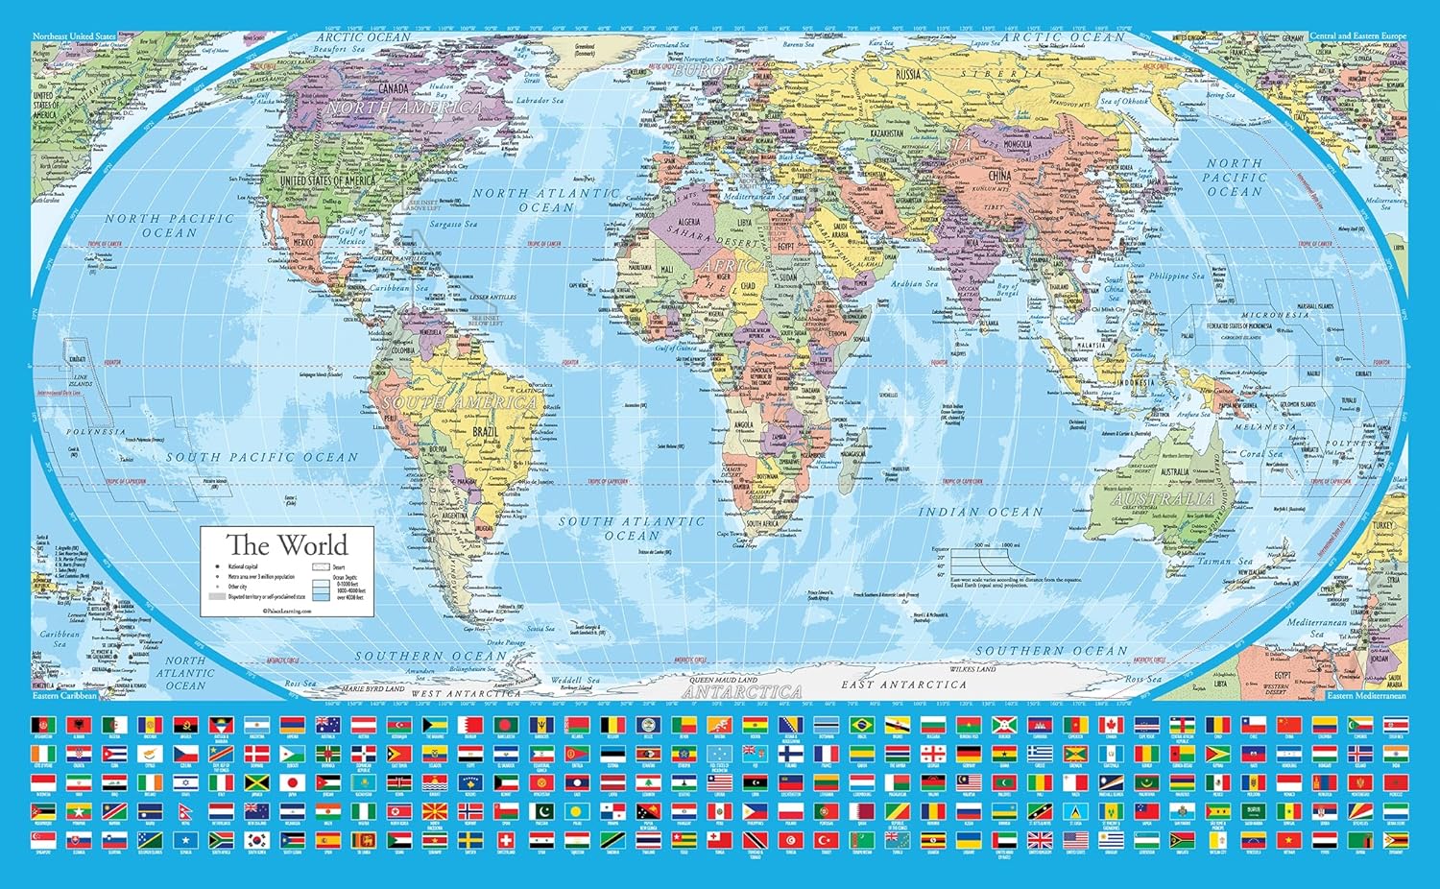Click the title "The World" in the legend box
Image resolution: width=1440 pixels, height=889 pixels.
pyautogui.click(x=286, y=545)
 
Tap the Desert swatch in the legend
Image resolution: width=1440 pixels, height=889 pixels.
pyautogui.click(x=322, y=567)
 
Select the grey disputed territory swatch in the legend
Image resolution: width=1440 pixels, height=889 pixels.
pyautogui.click(x=216, y=597)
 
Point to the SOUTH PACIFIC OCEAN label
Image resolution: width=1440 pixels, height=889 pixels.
pyautogui.click(x=261, y=458)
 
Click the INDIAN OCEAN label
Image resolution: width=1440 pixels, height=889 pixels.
pyautogui.click(x=979, y=512)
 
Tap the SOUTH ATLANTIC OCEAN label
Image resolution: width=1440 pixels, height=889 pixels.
pyautogui.click(x=632, y=528)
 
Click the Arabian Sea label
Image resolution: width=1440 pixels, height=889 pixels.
pyautogui.click(x=914, y=284)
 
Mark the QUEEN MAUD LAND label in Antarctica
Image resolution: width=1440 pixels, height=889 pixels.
pyautogui.click(x=722, y=680)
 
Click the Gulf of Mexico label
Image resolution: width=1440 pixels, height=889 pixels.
pyautogui.click(x=351, y=235)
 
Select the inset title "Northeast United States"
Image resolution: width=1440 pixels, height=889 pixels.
pyautogui.click(x=74, y=36)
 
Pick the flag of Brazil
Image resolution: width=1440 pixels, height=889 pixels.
pyautogui.click(x=860, y=724)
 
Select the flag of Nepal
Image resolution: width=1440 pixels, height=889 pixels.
pyautogui.click(x=185, y=812)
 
